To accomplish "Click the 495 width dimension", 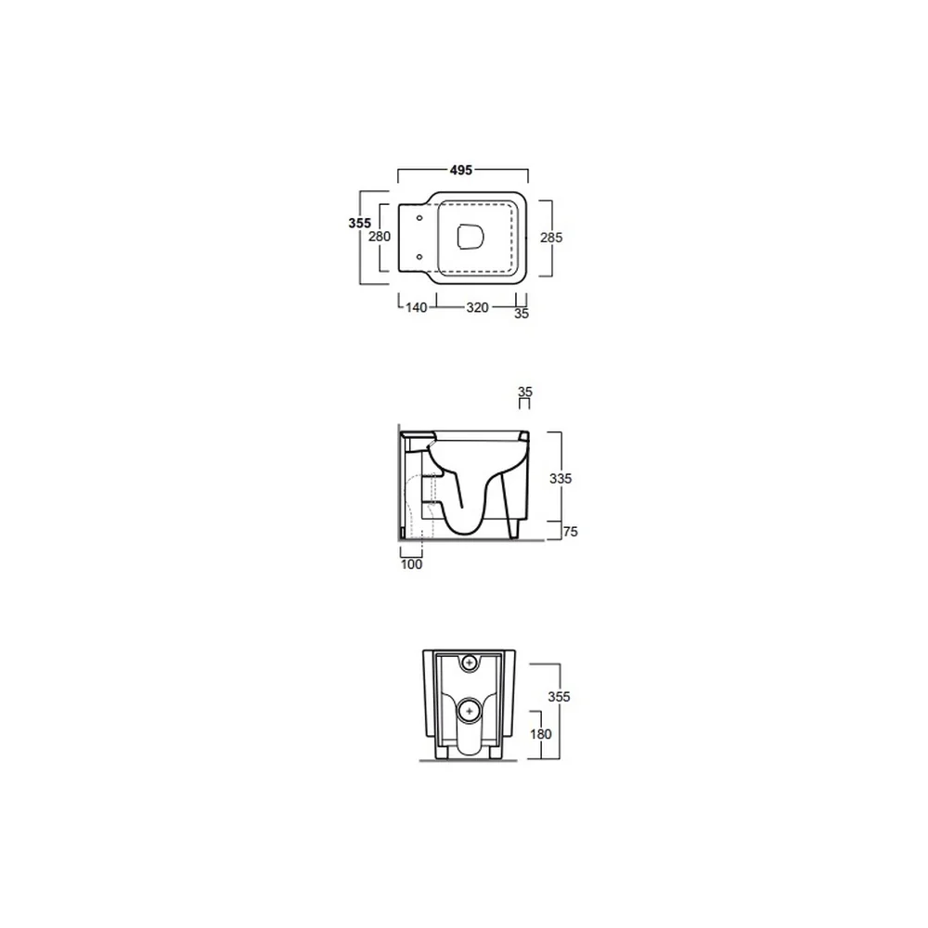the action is click(x=461, y=171).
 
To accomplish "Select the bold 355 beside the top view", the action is click(x=360, y=223).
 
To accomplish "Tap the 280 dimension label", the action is click(x=380, y=237).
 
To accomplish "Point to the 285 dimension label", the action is click(x=551, y=238).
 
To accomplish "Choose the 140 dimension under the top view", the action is click(x=416, y=308).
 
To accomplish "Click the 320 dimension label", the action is click(x=477, y=308).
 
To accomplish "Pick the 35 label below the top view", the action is click(x=522, y=314).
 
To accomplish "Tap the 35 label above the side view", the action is click(x=525, y=392).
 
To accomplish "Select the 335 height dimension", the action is click(x=561, y=479).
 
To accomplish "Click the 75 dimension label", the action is click(x=570, y=532).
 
